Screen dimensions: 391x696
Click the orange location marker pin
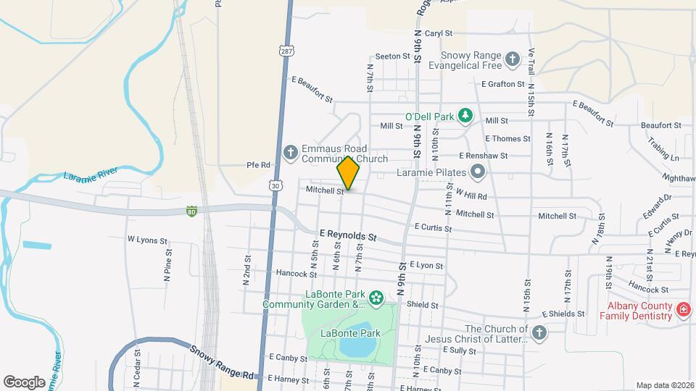pyautogui.click(x=349, y=174)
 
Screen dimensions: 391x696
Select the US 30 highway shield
pyautogui.click(x=275, y=186)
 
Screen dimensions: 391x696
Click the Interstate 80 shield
pyautogui.click(x=191, y=211)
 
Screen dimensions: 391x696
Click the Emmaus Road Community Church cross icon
pyautogui.click(x=290, y=152)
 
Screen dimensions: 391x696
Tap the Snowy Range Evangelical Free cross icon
pyautogui.click(x=513, y=59)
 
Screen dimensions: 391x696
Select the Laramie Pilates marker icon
pyautogui.click(x=478, y=172)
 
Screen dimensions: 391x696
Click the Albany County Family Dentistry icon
pyautogui.click(x=682, y=310)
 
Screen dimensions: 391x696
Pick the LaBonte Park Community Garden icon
pyautogui.click(x=376, y=298)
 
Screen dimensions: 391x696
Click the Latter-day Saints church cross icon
pyautogui.click(x=538, y=332)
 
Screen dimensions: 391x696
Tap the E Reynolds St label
pyautogui.click(x=349, y=236)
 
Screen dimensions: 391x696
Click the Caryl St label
pyautogui.click(x=438, y=33)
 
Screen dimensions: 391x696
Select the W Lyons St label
pyautogui.click(x=147, y=240)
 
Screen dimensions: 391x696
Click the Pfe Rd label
pyautogui.click(x=258, y=165)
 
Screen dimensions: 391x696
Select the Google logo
pyautogui.click(x=24, y=382)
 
